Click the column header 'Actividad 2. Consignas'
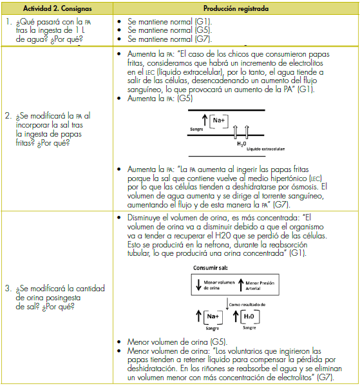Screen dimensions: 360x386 pos(57,8)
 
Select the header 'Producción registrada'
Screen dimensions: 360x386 pos(236,8)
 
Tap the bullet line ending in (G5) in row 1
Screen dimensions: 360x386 pos(169,30)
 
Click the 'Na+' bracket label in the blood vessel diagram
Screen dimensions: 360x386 pos(219,121)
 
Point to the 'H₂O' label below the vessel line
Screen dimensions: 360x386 pos(242,144)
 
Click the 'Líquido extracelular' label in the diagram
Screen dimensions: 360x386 pos(265,149)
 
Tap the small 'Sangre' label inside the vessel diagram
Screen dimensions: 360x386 pos(196,130)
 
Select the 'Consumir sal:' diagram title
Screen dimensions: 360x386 pos(211,268)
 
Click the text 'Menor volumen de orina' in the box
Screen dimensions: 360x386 pos(219,285)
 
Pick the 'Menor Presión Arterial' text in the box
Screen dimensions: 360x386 pos(260,285)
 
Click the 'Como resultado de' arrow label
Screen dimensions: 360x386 pos(247,305)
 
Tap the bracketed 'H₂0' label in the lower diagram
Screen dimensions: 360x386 pos(249,317)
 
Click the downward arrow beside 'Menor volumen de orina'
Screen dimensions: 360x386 pos(198,285)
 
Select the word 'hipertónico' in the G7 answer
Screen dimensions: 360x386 pos(289,179)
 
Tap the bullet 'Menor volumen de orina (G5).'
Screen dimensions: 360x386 pos(177,342)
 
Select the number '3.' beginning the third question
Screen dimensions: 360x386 pos(8,288)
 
